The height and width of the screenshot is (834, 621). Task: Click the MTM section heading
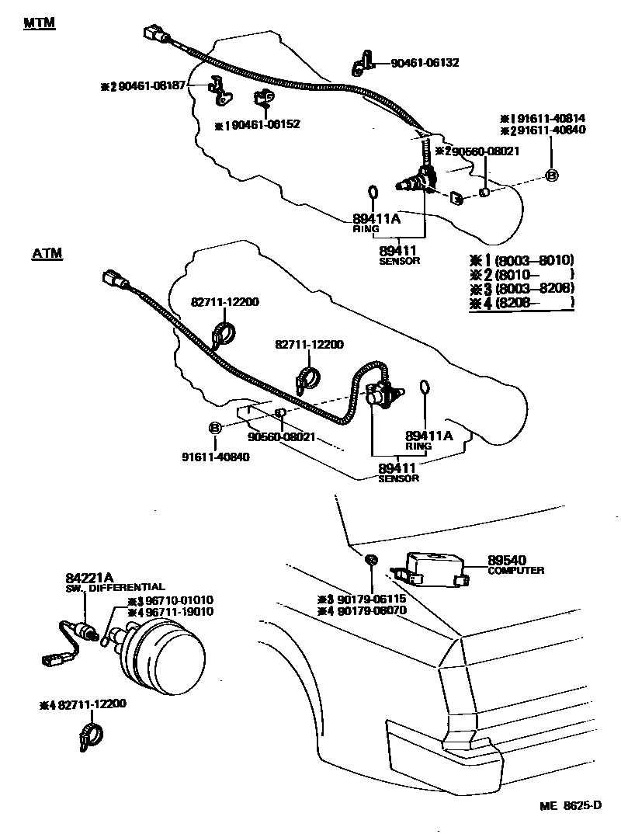point(39,23)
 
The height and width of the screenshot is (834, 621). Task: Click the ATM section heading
point(47,254)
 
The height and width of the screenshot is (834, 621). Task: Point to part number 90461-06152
point(262,124)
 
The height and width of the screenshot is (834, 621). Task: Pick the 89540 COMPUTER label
point(515,564)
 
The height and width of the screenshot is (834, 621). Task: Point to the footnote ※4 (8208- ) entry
point(521,302)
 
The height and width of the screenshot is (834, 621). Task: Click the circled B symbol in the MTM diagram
point(551,176)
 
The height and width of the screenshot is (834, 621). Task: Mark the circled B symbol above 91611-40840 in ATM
point(215,428)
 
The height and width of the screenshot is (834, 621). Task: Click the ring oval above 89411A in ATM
point(425,388)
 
